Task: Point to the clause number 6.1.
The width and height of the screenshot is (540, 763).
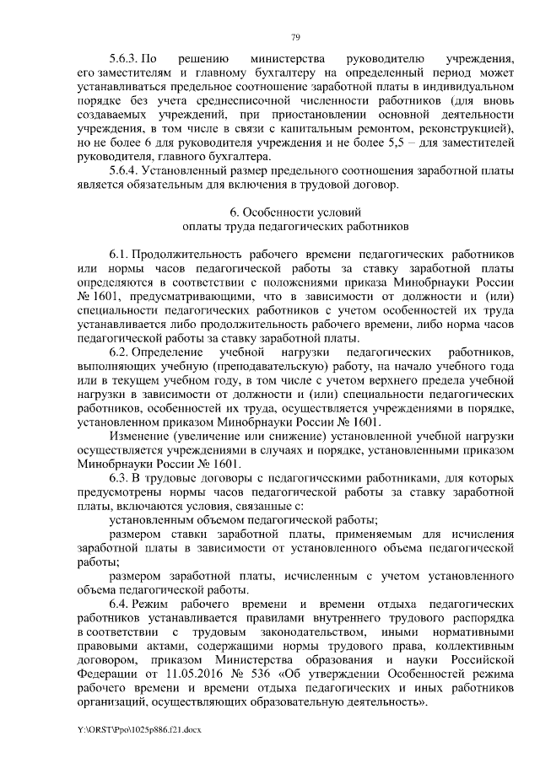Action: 119,252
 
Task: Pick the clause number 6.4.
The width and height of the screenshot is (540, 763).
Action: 119,605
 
